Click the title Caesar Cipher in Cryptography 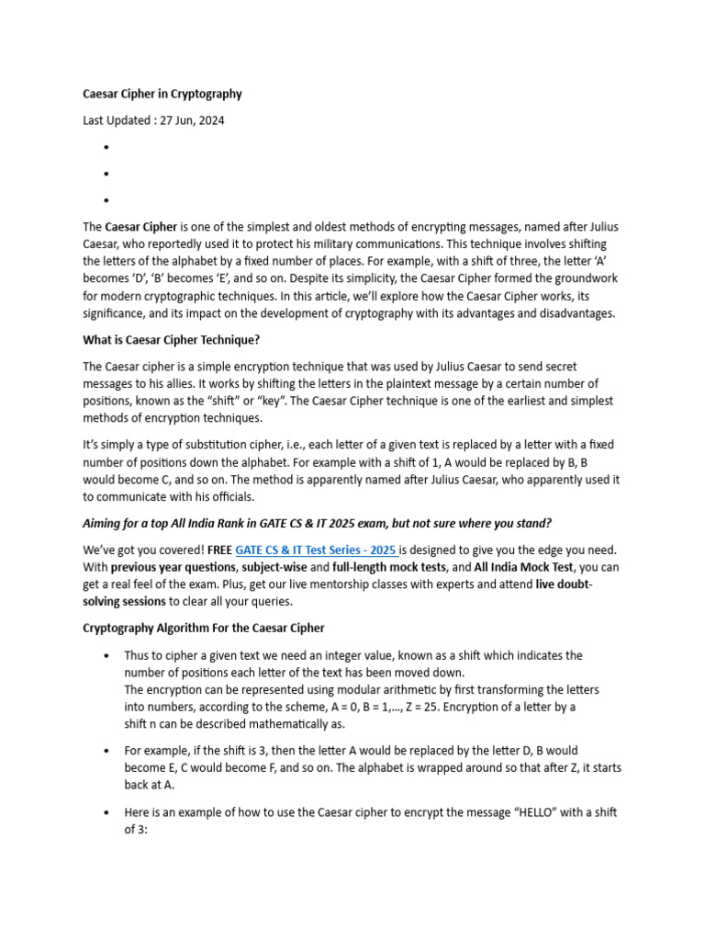coord(162,94)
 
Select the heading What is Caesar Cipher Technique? coord(172,340)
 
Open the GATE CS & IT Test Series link coord(316,550)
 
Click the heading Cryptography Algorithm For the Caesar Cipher coord(204,629)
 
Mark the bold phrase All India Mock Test coord(523,567)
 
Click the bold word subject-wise coord(274,567)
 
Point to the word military coord(440,244)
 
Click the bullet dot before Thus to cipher coord(108,656)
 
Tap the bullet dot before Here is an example coord(108,813)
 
